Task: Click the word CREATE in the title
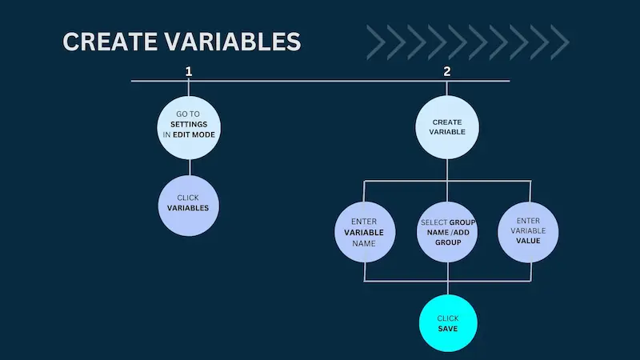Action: [x=103, y=42]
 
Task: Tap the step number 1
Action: [x=189, y=71]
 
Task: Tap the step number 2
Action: [x=447, y=71]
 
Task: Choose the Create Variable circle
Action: [x=447, y=127]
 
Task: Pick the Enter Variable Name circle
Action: [x=365, y=232]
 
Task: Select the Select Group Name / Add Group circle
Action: [x=447, y=232]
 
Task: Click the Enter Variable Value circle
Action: [x=529, y=232]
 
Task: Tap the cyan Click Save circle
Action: [x=447, y=323]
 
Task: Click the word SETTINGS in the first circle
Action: [x=189, y=125]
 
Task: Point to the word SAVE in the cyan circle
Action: [x=447, y=328]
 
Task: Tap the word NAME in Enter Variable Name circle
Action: [x=365, y=242]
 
